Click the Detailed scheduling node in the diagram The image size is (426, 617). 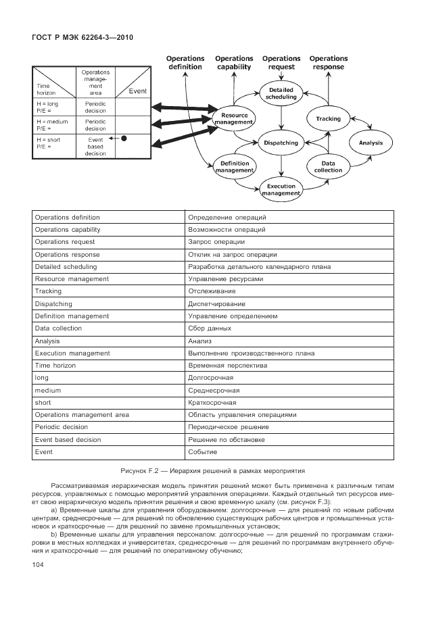(281, 93)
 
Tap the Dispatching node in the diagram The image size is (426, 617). (281, 143)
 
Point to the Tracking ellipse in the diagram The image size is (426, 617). (329, 119)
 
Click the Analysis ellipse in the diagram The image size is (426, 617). (371, 143)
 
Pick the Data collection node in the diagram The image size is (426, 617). (329, 167)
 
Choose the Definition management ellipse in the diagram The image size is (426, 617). (234, 167)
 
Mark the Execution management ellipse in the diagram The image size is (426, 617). (281, 190)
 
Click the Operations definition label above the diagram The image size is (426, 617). (185, 63)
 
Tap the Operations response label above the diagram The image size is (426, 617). (329, 63)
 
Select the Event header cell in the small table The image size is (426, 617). (133, 91)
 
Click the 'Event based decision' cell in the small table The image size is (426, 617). (95, 145)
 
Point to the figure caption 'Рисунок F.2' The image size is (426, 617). (212, 468)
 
